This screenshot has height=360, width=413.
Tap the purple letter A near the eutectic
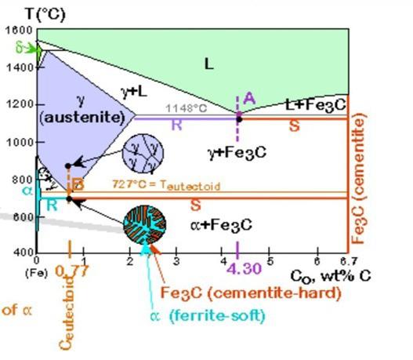(x=249, y=98)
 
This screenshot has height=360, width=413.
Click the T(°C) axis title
(x=38, y=13)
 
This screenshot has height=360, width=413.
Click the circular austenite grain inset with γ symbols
(x=146, y=152)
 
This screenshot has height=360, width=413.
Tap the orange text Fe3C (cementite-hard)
(x=251, y=293)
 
